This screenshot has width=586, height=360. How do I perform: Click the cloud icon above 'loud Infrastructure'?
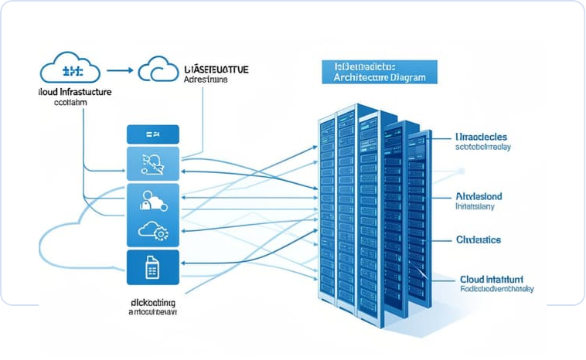[70, 70]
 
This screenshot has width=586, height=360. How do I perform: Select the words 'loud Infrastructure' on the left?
[74, 92]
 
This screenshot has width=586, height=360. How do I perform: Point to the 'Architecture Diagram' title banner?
[379, 73]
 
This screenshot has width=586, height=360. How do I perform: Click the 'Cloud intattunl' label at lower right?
[492, 278]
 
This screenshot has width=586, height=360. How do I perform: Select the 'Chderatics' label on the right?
[479, 240]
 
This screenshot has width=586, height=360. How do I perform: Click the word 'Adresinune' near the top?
[208, 80]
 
